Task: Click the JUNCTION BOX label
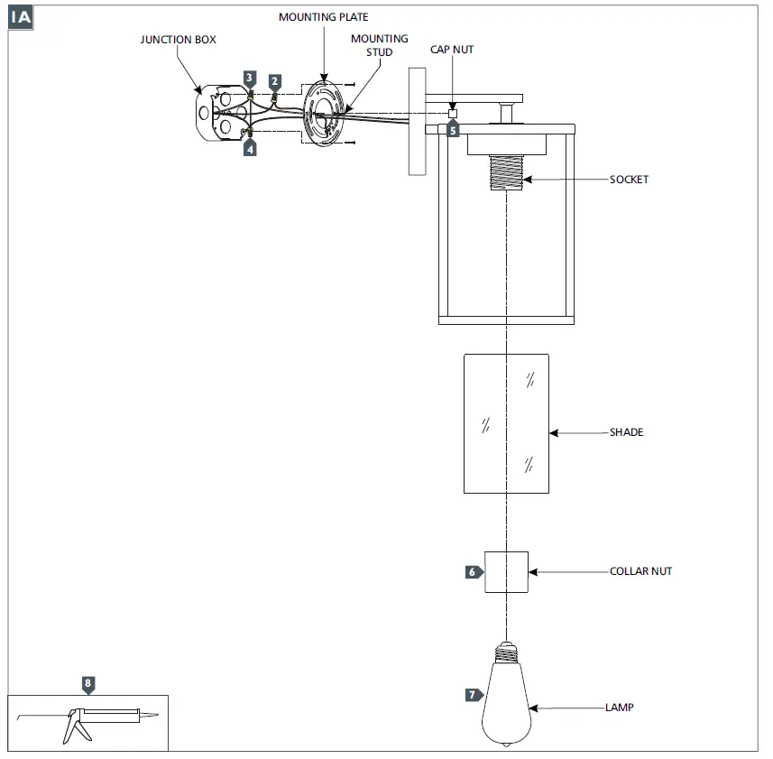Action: [x=178, y=40]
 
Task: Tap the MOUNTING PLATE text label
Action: [x=323, y=17]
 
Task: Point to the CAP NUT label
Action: [x=451, y=50]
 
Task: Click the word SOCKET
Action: [x=629, y=180]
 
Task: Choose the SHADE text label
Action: [x=626, y=432]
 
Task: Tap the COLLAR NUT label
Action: [x=640, y=571]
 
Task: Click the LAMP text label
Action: [x=619, y=708]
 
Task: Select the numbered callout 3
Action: [x=250, y=79]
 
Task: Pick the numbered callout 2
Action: [x=275, y=81]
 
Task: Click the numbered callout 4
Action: [x=250, y=149]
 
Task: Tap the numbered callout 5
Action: [x=453, y=129]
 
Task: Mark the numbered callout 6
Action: [x=473, y=572]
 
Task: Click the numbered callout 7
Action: [x=473, y=695]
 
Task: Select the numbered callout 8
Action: [x=87, y=683]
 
